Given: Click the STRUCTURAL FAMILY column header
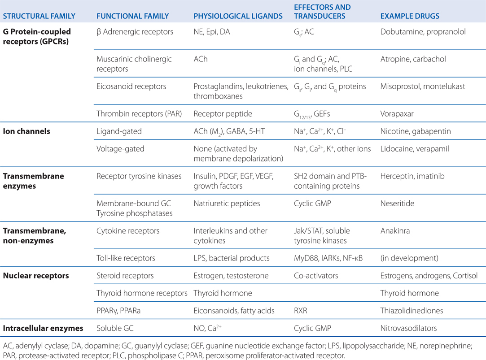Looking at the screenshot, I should point(39,16).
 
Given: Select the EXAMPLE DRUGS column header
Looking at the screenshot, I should point(410,16).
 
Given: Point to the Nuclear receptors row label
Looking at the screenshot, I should point(36,276).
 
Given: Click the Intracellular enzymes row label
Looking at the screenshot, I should point(43,328).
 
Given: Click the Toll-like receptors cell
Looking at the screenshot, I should point(126,258).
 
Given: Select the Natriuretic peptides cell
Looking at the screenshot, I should point(227,204).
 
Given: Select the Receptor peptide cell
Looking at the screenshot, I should point(223,113).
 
